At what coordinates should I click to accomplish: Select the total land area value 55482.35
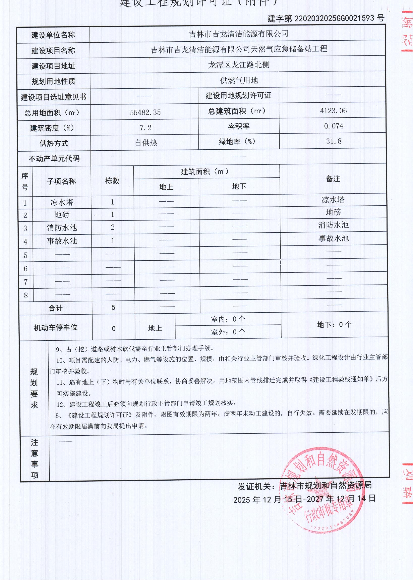coord(145,113)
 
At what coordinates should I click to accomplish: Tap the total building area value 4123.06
coord(333,111)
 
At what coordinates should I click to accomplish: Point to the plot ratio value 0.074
coord(333,126)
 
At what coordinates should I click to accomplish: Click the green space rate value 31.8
coord(334,141)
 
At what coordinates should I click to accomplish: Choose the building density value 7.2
coord(145,128)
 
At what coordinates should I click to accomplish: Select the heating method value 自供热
coord(146,143)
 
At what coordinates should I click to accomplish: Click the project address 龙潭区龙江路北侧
coord(239,65)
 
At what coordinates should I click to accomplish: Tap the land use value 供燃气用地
coord(239,80)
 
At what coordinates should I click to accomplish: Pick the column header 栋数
coord(112,181)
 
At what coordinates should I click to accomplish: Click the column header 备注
coord(333,179)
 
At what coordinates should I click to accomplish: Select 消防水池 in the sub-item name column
coord(62,227)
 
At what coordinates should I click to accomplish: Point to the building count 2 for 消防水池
coord(113,227)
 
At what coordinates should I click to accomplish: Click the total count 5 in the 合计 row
coord(113,307)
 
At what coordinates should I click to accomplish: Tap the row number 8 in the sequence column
coord(26,295)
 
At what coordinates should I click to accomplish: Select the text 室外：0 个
coord(228,332)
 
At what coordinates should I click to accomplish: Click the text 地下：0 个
coord(334,325)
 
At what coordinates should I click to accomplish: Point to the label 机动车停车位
coord(55,327)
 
